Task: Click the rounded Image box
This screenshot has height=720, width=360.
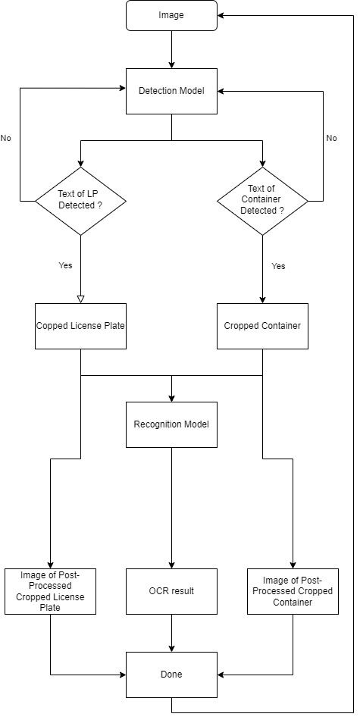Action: pos(171,15)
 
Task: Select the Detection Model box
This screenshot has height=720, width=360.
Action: pos(171,91)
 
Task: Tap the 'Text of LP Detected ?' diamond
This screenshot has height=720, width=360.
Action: pos(80,201)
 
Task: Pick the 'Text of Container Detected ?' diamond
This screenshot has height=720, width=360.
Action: pos(262,201)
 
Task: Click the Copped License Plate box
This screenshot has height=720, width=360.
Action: pos(80,326)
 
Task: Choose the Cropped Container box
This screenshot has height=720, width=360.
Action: pos(262,326)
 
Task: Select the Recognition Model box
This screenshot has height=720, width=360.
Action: pos(171,424)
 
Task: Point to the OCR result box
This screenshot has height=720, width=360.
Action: pos(171,591)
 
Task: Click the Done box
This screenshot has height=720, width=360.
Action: pos(171,675)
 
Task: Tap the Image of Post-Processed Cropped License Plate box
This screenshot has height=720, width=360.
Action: pos(50,591)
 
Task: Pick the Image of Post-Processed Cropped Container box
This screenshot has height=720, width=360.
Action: pos(293,591)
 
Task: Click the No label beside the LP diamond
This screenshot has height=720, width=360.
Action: pos(6,138)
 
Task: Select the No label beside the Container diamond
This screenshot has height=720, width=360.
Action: pos(331,138)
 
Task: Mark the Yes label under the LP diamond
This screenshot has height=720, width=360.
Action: pos(65,265)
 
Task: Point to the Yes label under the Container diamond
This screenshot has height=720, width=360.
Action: pos(278,266)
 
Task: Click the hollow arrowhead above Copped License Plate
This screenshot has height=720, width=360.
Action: pos(80,299)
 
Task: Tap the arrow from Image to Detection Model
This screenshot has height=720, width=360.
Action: pos(171,49)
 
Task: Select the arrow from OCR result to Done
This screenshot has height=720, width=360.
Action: pos(171,633)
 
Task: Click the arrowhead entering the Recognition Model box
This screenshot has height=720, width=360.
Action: pos(171,399)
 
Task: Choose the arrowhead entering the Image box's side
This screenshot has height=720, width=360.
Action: pos(221,15)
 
